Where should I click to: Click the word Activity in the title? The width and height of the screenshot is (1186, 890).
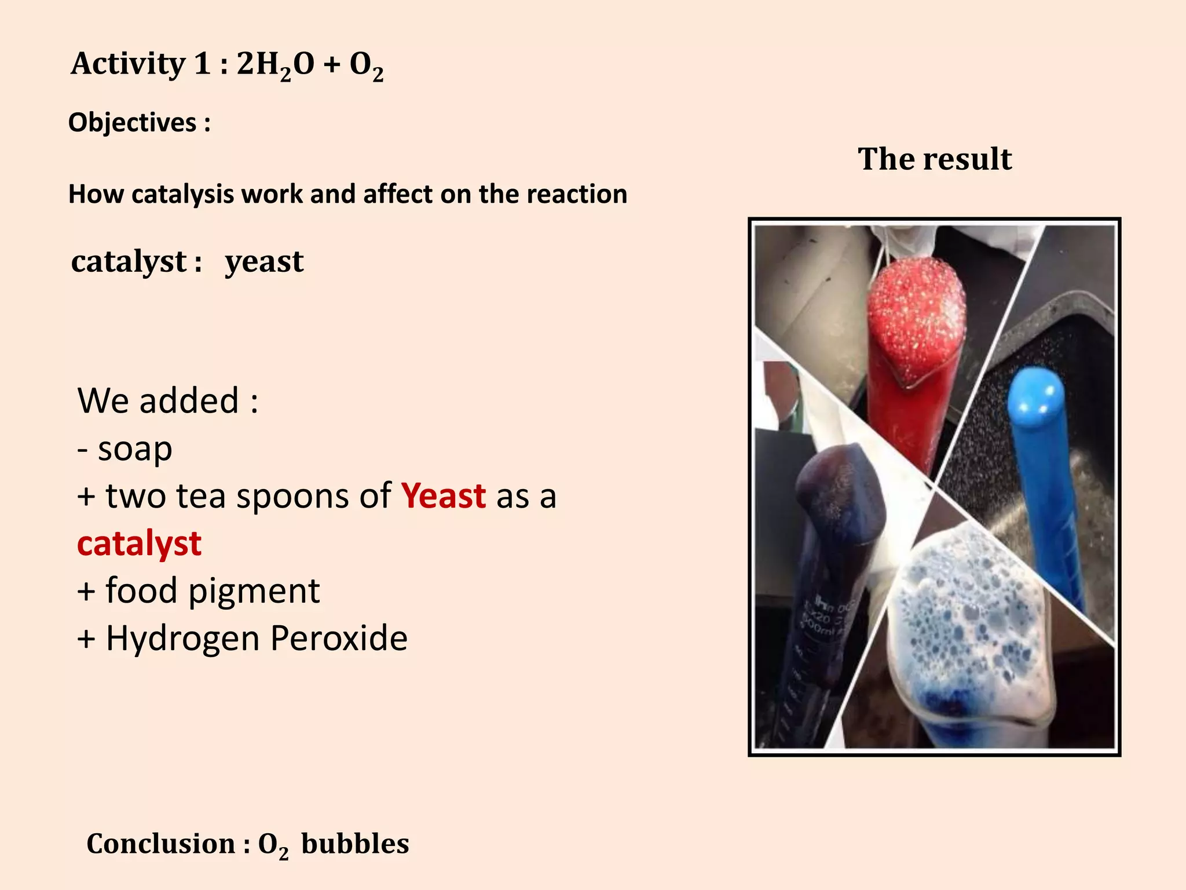(x=127, y=64)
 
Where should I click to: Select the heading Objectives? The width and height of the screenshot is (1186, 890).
(x=133, y=123)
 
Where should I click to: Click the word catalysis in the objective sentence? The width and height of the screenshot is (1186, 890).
(x=182, y=194)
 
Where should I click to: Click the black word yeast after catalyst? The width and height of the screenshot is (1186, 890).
(x=264, y=262)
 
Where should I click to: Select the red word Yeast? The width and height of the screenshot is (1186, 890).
(x=444, y=496)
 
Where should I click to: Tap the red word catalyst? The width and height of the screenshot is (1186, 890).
(x=139, y=544)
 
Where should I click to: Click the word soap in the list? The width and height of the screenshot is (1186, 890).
(x=135, y=448)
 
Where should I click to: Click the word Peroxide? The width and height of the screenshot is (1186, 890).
(x=339, y=639)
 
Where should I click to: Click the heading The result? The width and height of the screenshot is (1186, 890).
(x=935, y=159)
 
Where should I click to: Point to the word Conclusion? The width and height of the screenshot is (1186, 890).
(x=160, y=844)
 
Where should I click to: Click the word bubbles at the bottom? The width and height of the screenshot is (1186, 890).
(x=355, y=844)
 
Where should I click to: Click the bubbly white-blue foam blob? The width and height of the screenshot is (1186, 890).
(x=967, y=626)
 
